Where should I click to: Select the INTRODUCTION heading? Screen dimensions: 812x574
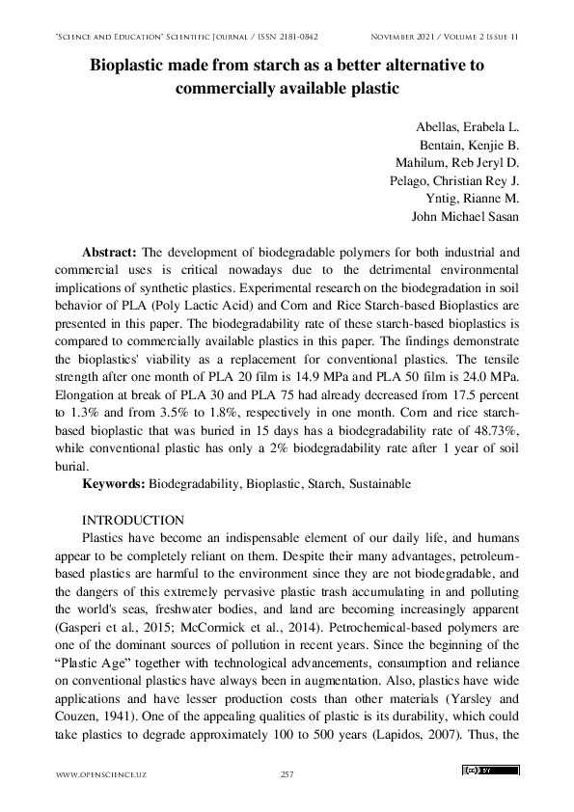click(x=133, y=520)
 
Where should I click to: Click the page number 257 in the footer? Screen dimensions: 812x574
click(x=287, y=774)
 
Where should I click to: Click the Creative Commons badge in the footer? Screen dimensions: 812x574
click(x=490, y=771)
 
